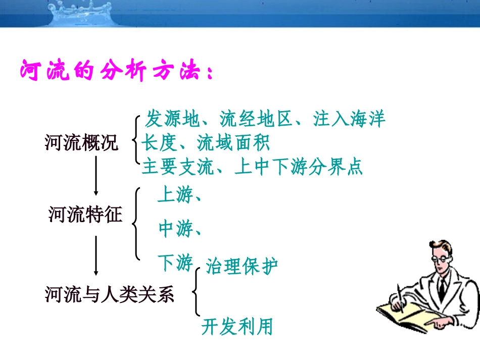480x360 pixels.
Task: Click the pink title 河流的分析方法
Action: pos(116,71)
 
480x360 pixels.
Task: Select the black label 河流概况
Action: pos(81,143)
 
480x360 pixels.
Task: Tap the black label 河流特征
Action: pos(85,215)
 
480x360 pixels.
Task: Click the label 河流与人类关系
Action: pos(110,294)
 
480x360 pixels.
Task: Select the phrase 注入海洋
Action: pos(349,120)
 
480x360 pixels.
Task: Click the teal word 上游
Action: pos(175,195)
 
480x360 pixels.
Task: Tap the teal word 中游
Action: pos(175,229)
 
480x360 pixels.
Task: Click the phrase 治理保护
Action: pos(242,267)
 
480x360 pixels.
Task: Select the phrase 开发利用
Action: pos(237,327)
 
